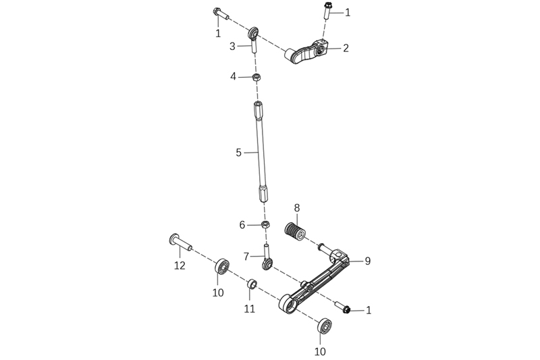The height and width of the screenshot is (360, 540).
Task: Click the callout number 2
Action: coord(346,48)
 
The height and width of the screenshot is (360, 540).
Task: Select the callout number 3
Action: coord(233,46)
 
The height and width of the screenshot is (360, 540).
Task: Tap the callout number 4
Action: coord(234,76)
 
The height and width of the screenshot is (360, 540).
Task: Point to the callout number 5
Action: coord(239,153)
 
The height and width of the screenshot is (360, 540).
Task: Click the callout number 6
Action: coord(242,226)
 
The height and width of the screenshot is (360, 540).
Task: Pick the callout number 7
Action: coord(246,257)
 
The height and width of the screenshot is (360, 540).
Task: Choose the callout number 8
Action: coord(297,208)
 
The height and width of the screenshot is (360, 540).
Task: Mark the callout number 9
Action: coord(368,261)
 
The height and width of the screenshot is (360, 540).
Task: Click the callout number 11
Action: coord(250,309)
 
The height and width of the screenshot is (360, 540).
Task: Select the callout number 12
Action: coord(180,265)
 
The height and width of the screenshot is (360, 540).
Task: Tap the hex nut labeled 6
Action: coord(265,225)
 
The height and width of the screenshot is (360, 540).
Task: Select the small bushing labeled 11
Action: coord(252,284)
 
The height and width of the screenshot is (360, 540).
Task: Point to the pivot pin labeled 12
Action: coord(180,242)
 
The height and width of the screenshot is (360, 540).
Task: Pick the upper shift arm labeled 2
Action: coord(306,52)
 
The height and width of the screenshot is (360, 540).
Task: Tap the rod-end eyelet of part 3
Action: coord(254,33)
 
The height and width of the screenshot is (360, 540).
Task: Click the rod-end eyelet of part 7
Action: coord(267,264)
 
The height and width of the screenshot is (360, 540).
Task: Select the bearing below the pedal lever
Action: coord(325,326)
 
